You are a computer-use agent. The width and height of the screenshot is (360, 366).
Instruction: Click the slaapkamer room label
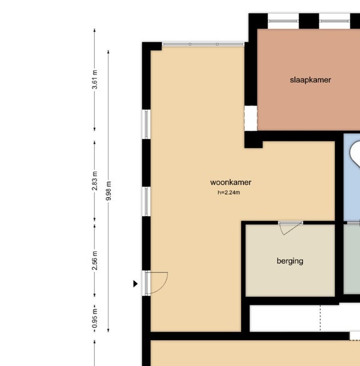pyautogui.click(x=310, y=80)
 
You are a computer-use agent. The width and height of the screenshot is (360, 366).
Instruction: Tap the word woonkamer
pyautogui.click(x=230, y=182)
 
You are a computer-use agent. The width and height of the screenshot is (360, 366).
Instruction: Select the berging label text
pyautogui.click(x=290, y=261)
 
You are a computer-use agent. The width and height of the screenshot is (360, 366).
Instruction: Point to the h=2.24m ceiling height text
pyautogui.click(x=229, y=193)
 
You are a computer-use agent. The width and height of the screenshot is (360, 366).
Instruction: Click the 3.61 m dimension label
pyautogui.click(x=95, y=80)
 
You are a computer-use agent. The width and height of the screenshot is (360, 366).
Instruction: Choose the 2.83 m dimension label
pyautogui.click(x=95, y=181)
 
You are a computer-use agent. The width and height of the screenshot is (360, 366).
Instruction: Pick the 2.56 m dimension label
pyautogui.click(x=95, y=261)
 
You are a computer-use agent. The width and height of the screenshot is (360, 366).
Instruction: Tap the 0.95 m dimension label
pyautogui.click(x=95, y=318)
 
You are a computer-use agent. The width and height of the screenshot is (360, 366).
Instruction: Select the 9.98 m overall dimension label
pyautogui.click(x=109, y=191)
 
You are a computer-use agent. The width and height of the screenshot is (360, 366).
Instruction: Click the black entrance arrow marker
pyautogui.click(x=135, y=284)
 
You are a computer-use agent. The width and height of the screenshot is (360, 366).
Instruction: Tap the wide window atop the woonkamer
pyautogui.click(x=203, y=44)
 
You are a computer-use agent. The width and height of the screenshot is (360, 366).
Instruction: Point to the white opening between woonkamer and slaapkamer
pyautogui.click(x=251, y=118)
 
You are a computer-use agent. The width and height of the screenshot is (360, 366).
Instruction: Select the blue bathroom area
pyautogui.click(x=352, y=177)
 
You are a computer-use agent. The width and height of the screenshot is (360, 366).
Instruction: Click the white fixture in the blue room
pyautogui.click(x=355, y=154)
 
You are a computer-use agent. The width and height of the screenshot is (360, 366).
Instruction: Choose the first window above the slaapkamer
pyautogui.click(x=283, y=21)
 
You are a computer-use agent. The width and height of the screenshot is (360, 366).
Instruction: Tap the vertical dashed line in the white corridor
pyautogui.click(x=320, y=318)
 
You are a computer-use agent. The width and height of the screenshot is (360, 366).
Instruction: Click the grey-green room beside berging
pyautogui.click(x=352, y=259)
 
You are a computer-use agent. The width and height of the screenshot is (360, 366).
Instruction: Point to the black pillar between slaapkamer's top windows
pyautogui.click(x=309, y=21)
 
